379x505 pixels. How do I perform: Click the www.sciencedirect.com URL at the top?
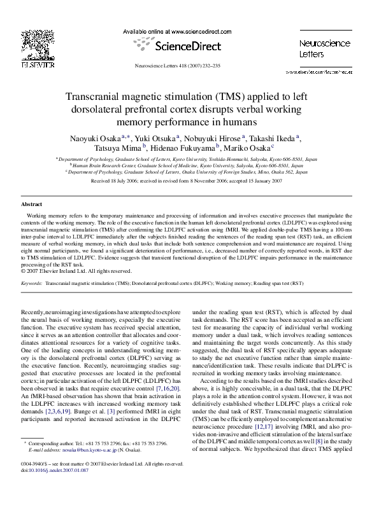194,31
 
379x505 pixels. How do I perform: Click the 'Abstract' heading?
32,204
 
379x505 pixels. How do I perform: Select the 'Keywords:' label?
32,281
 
